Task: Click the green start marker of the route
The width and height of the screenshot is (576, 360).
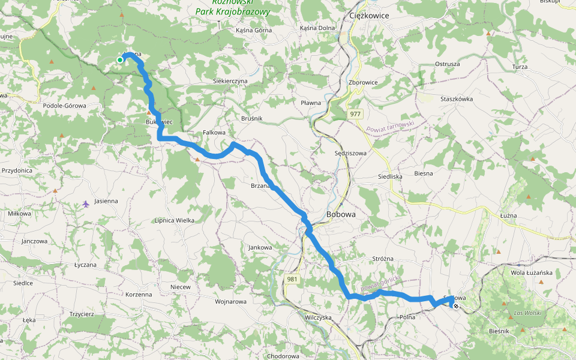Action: [120, 59]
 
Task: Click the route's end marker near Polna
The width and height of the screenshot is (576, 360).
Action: [456, 306]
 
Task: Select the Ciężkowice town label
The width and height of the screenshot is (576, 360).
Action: [368, 16]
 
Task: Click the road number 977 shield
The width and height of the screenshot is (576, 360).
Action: [355, 113]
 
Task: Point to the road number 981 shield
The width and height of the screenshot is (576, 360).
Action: [292, 279]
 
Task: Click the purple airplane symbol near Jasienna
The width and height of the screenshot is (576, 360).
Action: [86, 204]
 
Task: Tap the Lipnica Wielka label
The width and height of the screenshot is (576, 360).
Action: [175, 220]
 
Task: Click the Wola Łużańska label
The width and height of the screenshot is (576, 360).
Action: [530, 272]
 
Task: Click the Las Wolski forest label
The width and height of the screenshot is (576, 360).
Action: [528, 313]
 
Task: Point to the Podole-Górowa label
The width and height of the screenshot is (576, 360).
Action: [65, 106]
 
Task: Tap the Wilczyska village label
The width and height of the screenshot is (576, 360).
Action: [318, 317]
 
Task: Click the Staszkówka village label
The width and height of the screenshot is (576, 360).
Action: [457, 99]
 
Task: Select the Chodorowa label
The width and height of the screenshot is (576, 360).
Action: [274, 355]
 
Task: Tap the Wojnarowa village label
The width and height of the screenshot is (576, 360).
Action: [230, 301]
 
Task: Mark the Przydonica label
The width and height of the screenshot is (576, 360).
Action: [17, 170]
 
